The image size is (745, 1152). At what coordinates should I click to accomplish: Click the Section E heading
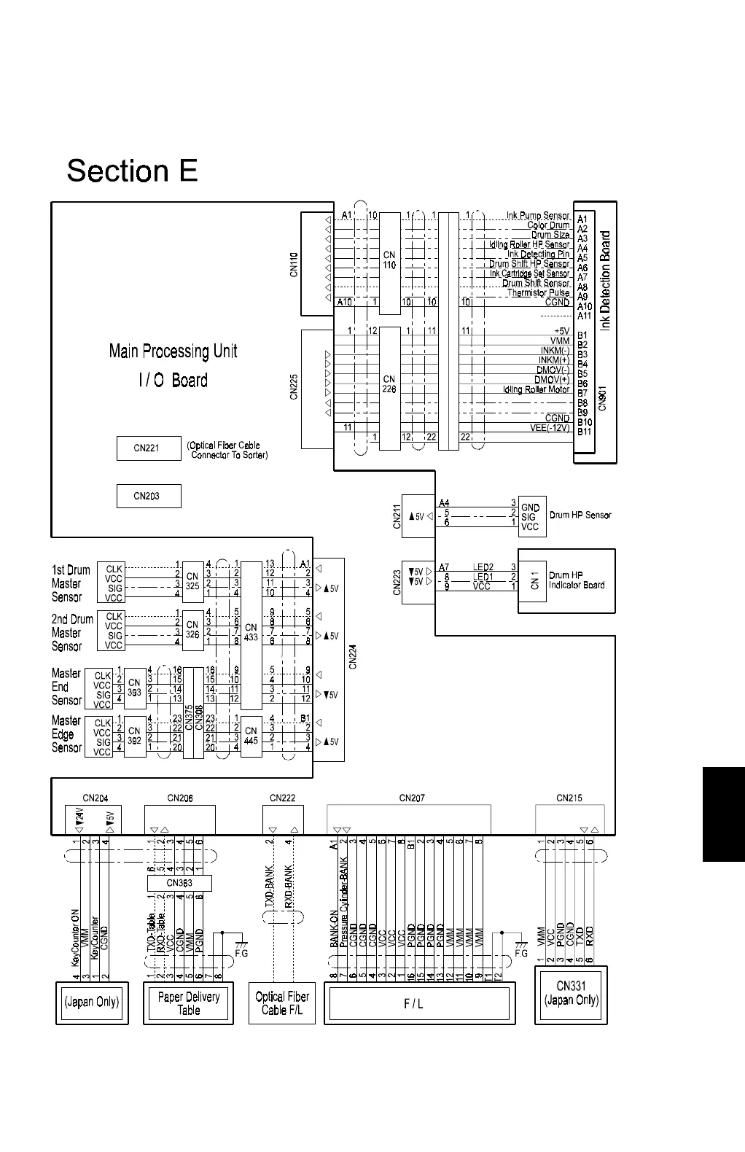(132, 171)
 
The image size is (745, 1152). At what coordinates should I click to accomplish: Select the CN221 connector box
(148, 448)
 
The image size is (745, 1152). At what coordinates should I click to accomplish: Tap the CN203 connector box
(148, 497)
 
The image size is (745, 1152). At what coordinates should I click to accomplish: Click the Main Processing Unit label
(173, 351)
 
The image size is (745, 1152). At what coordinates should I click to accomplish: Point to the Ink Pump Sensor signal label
(538, 216)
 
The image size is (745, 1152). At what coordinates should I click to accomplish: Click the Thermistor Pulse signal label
(539, 293)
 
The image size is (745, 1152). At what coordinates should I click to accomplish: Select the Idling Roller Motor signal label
(536, 389)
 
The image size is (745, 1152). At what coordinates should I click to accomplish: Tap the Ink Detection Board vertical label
(606, 281)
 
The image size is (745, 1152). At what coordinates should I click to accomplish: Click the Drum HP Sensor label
(580, 515)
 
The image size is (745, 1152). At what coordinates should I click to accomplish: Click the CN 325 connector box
(192, 580)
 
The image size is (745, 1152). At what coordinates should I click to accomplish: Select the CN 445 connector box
(251, 735)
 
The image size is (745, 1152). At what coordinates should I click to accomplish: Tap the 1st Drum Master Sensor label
(71, 583)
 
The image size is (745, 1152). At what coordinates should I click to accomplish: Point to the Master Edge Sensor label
(66, 734)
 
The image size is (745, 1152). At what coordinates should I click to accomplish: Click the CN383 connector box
(179, 883)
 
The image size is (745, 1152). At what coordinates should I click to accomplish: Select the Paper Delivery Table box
(188, 1003)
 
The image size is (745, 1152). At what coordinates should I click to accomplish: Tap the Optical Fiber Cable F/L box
(282, 1003)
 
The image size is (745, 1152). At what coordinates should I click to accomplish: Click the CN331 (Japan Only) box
(572, 993)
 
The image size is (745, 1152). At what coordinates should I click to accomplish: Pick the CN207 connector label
(412, 798)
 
